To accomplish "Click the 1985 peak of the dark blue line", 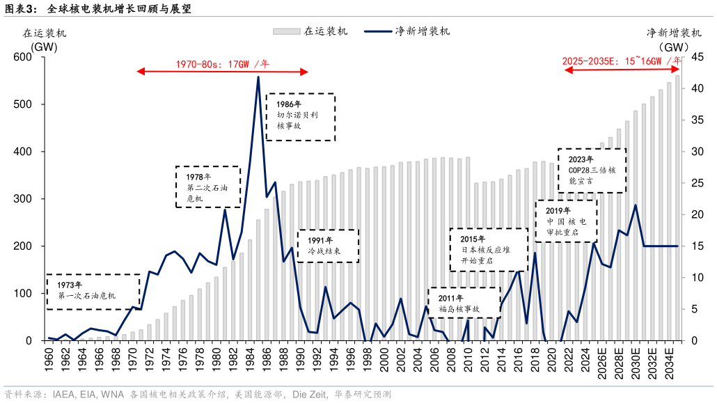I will (258, 77).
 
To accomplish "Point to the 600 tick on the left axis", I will (33, 57).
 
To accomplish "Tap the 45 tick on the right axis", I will (694, 57).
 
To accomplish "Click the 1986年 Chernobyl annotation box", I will (300, 116).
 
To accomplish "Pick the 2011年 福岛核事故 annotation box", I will (464, 303).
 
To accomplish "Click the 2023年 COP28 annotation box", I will (592, 170).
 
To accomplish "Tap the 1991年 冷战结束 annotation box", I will (328, 246).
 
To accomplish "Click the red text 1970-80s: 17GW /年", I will (222, 63).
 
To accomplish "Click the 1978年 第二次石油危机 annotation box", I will (207, 187).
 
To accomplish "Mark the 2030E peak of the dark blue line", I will (635, 205).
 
